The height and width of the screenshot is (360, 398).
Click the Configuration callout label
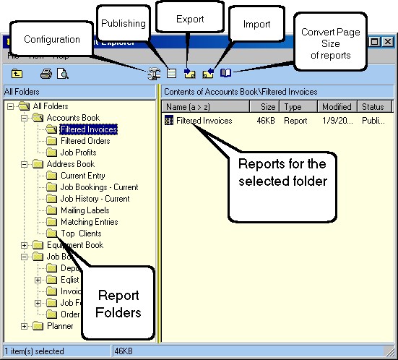point(51,39)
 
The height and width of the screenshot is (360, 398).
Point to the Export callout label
point(189,19)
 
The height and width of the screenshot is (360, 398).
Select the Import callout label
point(256,24)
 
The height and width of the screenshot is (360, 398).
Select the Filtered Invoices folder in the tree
point(88,129)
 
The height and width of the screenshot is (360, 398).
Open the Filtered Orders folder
point(85,141)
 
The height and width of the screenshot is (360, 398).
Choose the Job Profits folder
point(79,153)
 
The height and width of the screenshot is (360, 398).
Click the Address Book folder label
point(71,164)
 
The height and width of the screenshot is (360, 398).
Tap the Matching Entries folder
point(89,222)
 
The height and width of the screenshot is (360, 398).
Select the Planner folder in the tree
point(60,326)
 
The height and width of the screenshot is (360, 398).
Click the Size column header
point(267,107)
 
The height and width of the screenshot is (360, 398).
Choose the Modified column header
point(337,107)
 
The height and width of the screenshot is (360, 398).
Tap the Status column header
point(373,107)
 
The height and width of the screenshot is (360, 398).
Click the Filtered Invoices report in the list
point(204,121)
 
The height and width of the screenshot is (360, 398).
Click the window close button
point(389,43)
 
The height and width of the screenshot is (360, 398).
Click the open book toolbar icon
point(225,73)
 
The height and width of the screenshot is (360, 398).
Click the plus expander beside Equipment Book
point(25,245)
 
